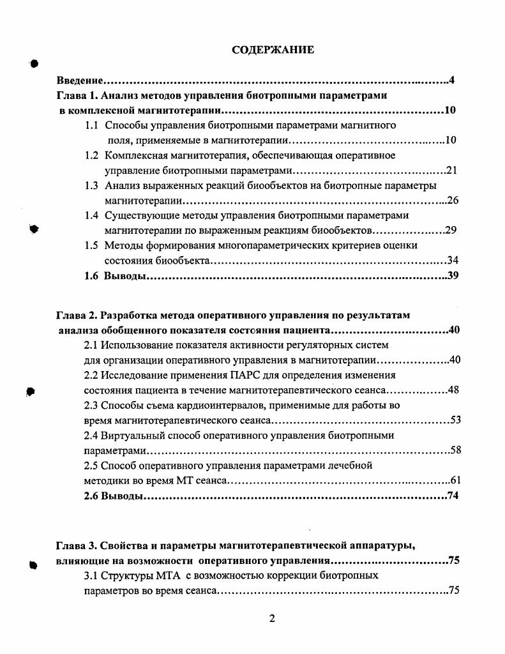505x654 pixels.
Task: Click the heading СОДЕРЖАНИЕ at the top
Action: point(272,50)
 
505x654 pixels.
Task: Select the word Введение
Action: point(79,80)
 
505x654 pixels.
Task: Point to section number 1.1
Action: point(92,125)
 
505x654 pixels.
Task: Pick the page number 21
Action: point(452,171)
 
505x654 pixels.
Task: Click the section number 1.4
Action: point(92,215)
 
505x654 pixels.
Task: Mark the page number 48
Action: point(453,390)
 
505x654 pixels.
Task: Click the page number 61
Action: point(455,480)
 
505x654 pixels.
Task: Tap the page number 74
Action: point(453,496)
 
